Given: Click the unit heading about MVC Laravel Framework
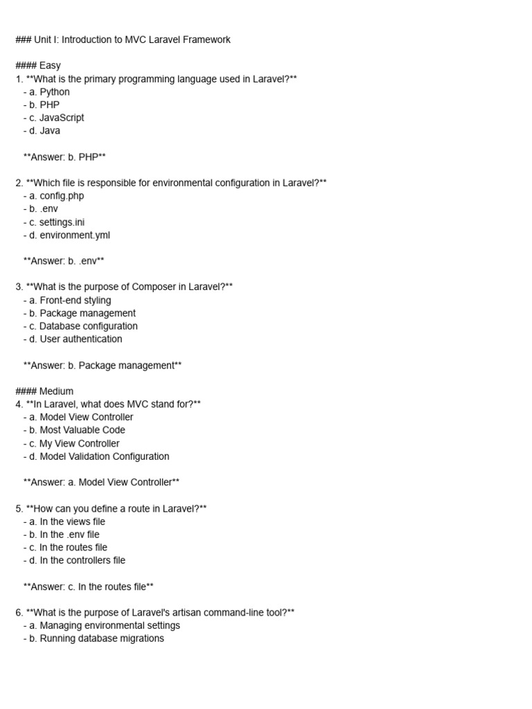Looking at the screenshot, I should point(123,39).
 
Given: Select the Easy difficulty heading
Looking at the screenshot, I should point(38,66).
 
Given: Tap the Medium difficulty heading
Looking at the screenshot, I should point(44,391).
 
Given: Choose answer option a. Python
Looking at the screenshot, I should point(46,91).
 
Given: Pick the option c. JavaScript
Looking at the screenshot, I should point(53,118).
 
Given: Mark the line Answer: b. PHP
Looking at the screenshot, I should point(64,157).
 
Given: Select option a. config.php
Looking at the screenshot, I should point(53,196).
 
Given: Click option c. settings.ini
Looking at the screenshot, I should point(54,222).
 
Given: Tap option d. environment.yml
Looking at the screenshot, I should point(66,235).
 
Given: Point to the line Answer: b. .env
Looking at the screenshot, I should point(64,261).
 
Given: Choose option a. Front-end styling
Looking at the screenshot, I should point(67,300).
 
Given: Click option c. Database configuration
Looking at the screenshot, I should point(80,326).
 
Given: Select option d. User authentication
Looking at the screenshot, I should point(73,339).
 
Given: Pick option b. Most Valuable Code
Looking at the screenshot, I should point(74,430).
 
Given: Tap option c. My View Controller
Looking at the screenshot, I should point(71,443).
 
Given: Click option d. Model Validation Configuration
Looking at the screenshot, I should point(96,456).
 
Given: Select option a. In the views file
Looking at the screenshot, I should point(64,521).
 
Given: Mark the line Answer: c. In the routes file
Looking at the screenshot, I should point(89,586).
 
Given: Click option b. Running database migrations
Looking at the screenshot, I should point(94,638).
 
